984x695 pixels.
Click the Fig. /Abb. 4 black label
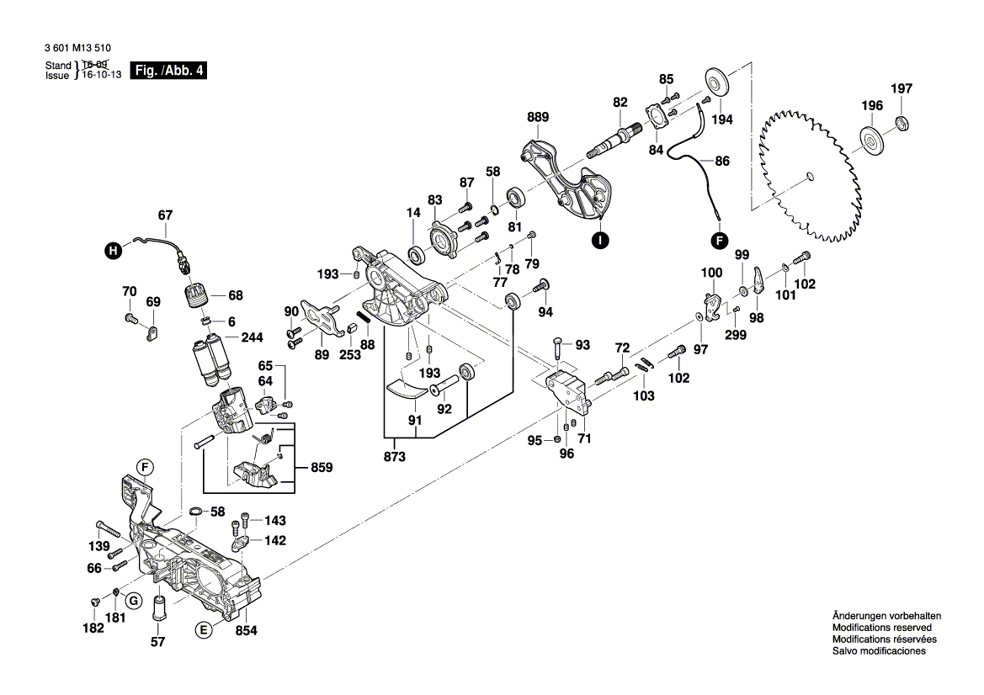click(x=168, y=72)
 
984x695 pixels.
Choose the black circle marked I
click(x=598, y=241)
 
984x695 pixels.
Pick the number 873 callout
click(x=394, y=457)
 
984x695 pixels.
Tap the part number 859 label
click(x=322, y=465)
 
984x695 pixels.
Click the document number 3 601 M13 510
click(x=80, y=49)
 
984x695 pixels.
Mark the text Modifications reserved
click(x=881, y=628)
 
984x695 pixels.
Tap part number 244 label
click(x=252, y=337)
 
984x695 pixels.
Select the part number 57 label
click(x=157, y=642)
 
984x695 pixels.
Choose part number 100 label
click(x=711, y=273)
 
